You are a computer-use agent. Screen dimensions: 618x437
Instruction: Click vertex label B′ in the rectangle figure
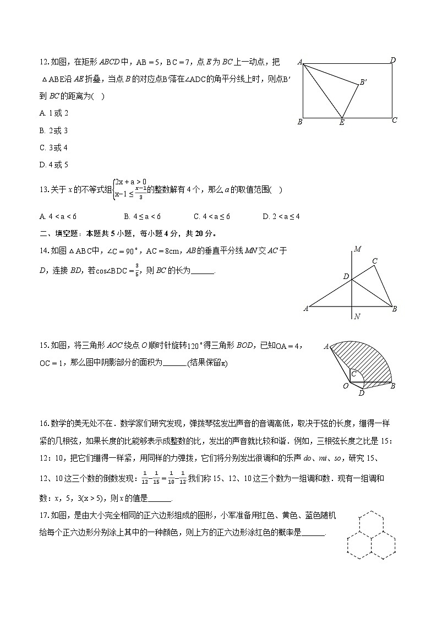(363, 83)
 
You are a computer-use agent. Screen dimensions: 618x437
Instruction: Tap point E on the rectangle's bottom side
(342, 122)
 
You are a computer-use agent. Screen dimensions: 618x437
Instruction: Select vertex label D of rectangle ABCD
(392, 60)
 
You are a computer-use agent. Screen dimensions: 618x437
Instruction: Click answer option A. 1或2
(54, 113)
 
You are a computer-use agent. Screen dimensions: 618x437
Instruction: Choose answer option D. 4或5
(54, 165)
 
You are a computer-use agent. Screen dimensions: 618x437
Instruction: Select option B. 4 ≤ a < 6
(142, 216)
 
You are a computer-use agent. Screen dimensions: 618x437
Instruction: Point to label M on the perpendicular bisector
(357, 249)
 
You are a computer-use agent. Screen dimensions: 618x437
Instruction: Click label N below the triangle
(357, 316)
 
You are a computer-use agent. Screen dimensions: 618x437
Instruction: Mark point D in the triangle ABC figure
(346, 276)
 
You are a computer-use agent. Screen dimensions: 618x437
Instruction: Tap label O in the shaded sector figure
(346, 386)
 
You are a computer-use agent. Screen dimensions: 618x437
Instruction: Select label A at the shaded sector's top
(326, 346)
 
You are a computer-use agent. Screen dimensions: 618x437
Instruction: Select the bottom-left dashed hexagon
(358, 544)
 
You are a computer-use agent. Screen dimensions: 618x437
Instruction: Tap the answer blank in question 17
(314, 533)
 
